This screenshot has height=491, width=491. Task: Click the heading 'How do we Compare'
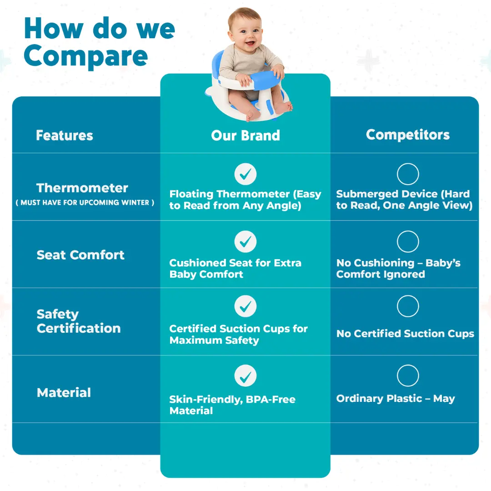click(99, 43)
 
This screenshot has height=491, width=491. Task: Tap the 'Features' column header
click(65, 135)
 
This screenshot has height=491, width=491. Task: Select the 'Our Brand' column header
click(245, 135)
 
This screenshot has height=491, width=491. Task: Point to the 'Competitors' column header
click(408, 135)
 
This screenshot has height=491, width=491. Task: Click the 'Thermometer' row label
click(82, 188)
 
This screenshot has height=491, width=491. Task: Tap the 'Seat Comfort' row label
click(80, 255)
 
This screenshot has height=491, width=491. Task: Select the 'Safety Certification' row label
click(79, 321)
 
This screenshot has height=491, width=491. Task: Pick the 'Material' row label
click(64, 392)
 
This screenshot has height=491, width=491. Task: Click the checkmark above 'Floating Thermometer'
click(245, 174)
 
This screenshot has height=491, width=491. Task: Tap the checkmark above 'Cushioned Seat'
click(245, 242)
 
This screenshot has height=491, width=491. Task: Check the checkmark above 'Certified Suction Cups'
click(245, 306)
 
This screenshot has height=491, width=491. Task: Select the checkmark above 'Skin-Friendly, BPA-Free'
click(245, 376)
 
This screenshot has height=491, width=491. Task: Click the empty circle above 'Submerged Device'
click(408, 164)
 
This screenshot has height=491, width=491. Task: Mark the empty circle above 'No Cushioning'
click(408, 231)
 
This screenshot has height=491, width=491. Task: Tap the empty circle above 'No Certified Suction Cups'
click(408, 296)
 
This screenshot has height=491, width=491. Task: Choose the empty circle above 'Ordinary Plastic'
click(408, 365)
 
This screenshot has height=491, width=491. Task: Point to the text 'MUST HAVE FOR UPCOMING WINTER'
click(85, 203)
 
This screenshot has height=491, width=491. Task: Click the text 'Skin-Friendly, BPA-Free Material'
click(232, 405)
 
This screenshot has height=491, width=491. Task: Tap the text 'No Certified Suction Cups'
click(405, 334)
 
